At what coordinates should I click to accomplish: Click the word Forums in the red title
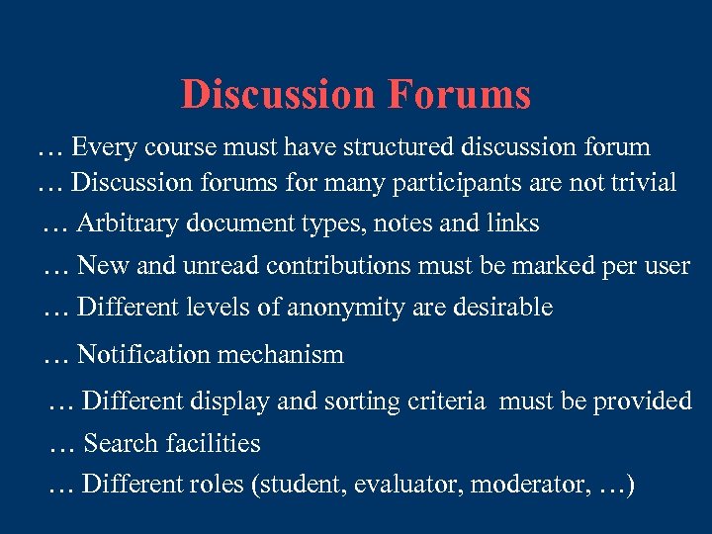pyautogui.click(x=459, y=95)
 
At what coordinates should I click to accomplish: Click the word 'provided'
pyautogui.click(x=643, y=401)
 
